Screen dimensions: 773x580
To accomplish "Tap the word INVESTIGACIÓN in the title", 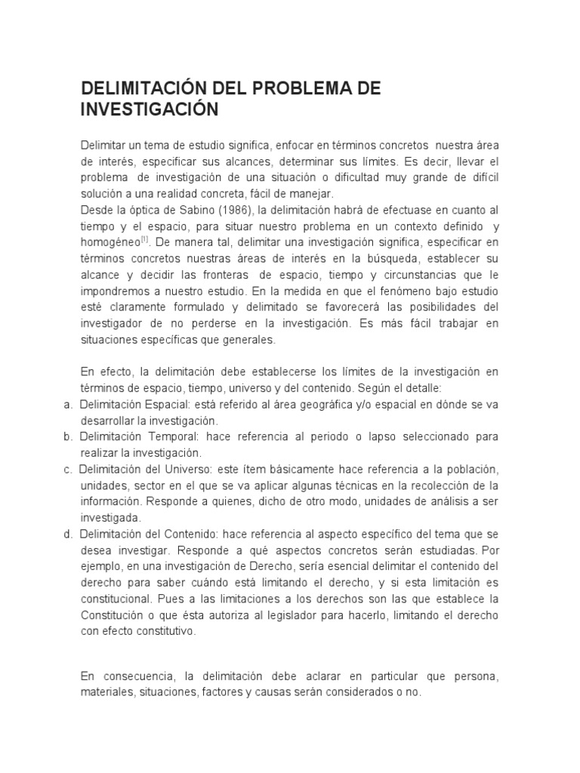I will (149, 109).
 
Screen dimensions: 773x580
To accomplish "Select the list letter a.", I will (68, 405).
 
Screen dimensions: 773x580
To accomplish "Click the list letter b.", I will (68, 437).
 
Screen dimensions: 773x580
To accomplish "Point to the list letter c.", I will (68, 470).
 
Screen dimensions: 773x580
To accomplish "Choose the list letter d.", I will (68, 534).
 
